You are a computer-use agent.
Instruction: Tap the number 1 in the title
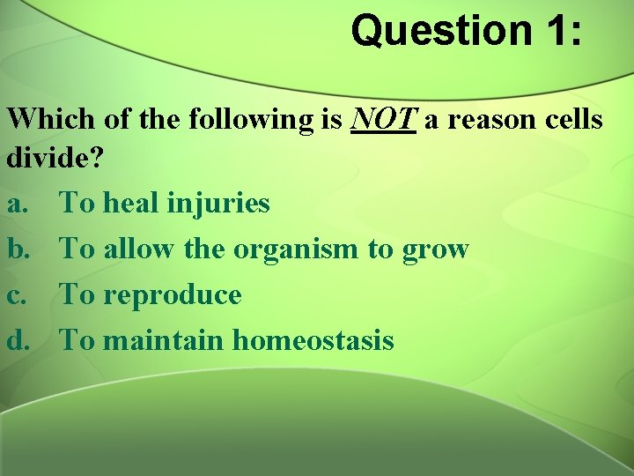point(553,31)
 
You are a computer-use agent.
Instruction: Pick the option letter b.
point(18,249)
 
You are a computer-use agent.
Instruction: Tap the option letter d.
point(18,340)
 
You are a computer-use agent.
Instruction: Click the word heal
point(130,205)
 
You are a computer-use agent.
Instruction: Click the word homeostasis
point(313,340)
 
